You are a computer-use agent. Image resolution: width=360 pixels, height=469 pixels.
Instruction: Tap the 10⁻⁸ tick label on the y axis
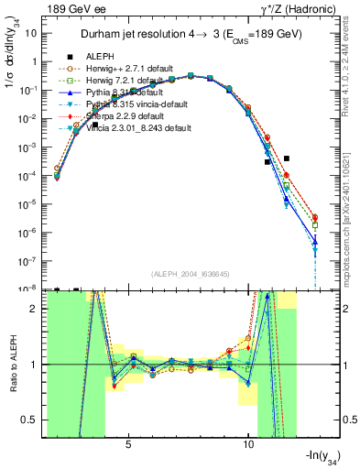tap(28, 289)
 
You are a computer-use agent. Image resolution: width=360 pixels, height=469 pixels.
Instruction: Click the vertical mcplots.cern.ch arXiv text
tap(344, 220)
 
